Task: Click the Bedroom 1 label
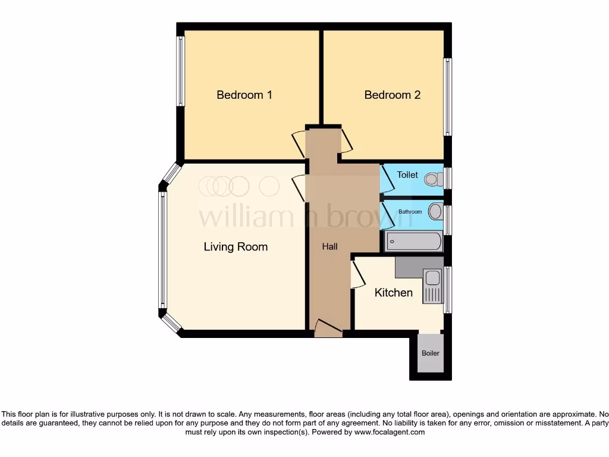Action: pyautogui.click(x=244, y=95)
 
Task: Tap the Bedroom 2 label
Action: pyautogui.click(x=393, y=95)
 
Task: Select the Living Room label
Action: pyautogui.click(x=236, y=246)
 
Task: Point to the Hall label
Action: pyautogui.click(x=330, y=246)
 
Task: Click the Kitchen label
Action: pyautogui.click(x=393, y=293)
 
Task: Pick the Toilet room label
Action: pyautogui.click(x=407, y=175)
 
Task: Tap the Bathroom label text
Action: pyautogui.click(x=410, y=212)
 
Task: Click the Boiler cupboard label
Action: pyautogui.click(x=431, y=353)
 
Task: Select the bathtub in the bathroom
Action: pyautogui.click(x=414, y=242)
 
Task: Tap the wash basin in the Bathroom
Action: pyautogui.click(x=435, y=211)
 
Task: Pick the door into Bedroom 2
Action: pyautogui.click(x=346, y=140)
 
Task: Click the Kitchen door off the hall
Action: pyautogui.click(x=357, y=276)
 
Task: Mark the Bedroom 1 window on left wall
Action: pyautogui.click(x=180, y=72)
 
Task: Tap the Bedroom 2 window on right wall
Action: pyautogui.click(x=448, y=97)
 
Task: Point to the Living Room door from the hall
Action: pyautogui.click(x=299, y=186)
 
